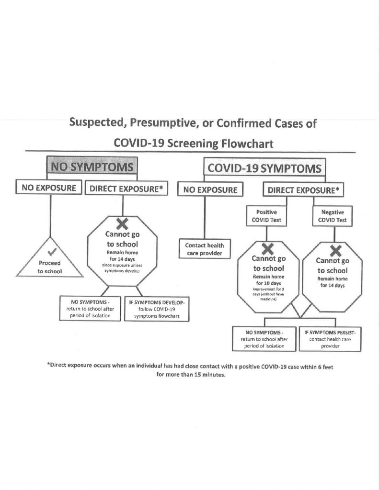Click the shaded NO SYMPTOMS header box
(x=91, y=167)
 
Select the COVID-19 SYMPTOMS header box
(x=264, y=169)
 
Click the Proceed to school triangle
(x=50, y=262)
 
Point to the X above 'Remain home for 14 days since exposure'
(x=122, y=223)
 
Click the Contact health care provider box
(x=205, y=249)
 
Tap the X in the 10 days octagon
(x=268, y=248)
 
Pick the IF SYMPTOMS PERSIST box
(x=331, y=338)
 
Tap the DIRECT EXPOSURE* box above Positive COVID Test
(x=303, y=189)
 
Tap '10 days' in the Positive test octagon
(x=268, y=283)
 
